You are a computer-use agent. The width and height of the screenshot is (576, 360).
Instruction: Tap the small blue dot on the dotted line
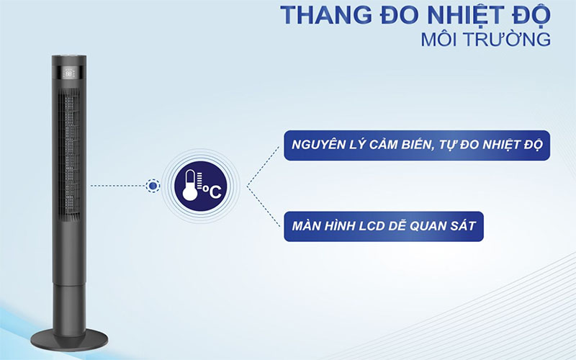(152, 186)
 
